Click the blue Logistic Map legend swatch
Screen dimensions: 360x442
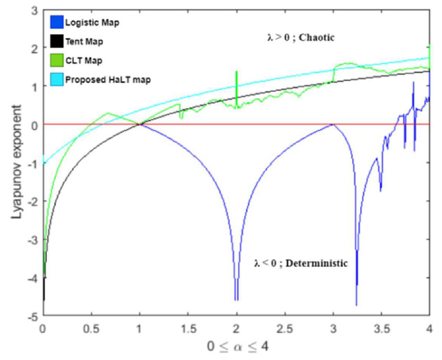click(56, 22)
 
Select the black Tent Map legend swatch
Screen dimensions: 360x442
click(56, 41)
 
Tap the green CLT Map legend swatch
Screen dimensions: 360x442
click(56, 60)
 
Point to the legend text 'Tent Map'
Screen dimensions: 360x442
click(80, 41)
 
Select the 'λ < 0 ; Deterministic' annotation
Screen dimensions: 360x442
click(301, 263)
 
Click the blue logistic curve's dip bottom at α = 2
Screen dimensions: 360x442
click(236, 299)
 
